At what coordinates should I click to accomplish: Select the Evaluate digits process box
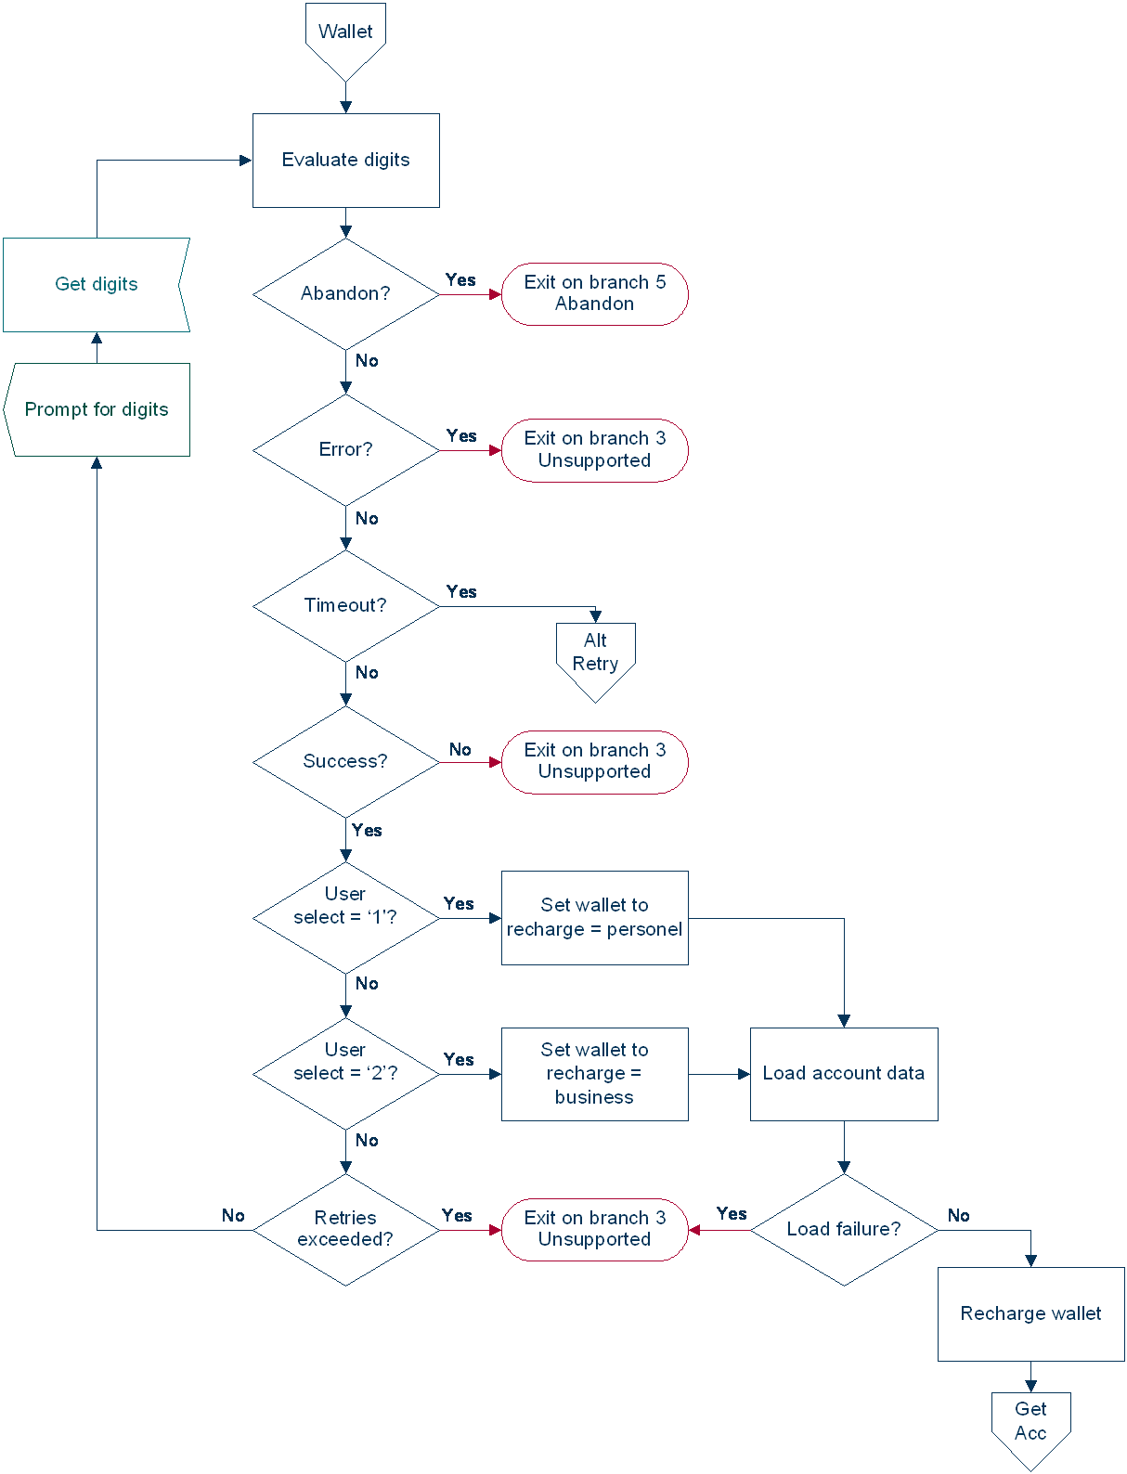point(345,160)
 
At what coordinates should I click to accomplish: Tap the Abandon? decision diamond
point(345,293)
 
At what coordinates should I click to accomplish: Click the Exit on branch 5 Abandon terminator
point(594,293)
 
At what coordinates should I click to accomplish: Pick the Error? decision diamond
point(345,449)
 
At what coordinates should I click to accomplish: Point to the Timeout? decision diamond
point(345,605)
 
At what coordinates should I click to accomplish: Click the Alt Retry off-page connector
point(595,655)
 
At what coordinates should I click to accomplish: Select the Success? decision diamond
point(345,761)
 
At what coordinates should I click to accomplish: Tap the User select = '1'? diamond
point(345,917)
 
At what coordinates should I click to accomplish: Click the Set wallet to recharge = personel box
point(594,917)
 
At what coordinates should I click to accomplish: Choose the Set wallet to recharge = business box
point(594,1073)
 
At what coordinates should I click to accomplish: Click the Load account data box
point(843,1073)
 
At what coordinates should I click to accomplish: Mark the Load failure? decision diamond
point(843,1229)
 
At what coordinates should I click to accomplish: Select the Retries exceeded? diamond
point(345,1229)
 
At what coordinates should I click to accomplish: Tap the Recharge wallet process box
point(1030,1313)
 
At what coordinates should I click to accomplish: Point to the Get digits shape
point(97,284)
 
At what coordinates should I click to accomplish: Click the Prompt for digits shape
point(97,409)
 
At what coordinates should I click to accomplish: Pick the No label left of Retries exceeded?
point(233,1215)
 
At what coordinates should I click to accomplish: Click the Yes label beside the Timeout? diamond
point(461,591)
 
